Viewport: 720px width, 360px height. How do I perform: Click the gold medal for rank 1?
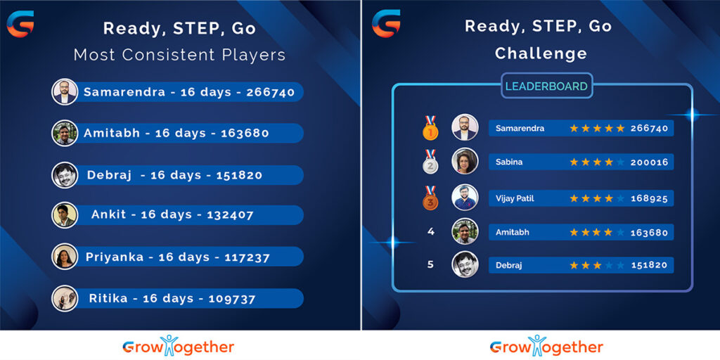coord(430,128)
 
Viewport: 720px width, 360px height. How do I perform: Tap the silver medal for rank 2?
coord(430,162)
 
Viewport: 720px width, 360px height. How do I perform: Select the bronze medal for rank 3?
coord(430,198)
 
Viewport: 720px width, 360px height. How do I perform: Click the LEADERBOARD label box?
coord(546,86)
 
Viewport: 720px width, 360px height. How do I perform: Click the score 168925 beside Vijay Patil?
coord(649,198)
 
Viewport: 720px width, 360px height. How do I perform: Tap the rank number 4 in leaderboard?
coord(431,231)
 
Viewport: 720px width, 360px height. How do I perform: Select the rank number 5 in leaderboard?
coord(430,265)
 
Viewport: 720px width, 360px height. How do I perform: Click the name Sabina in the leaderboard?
coord(509,162)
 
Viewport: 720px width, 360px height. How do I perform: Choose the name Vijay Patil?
coord(515,198)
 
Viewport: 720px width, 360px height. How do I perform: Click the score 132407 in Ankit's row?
coord(230,215)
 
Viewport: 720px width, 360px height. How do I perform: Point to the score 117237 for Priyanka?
coord(247,257)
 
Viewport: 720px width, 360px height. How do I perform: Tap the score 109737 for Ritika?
coord(232,299)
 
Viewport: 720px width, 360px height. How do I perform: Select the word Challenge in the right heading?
coord(541,53)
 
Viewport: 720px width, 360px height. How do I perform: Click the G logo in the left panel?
coord(20,24)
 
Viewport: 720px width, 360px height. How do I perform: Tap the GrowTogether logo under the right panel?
coord(546,346)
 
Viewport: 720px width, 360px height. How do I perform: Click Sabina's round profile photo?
coord(465,161)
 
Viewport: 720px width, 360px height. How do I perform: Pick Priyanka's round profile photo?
coord(65,256)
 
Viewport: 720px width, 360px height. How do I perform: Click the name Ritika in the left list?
coord(108,299)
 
